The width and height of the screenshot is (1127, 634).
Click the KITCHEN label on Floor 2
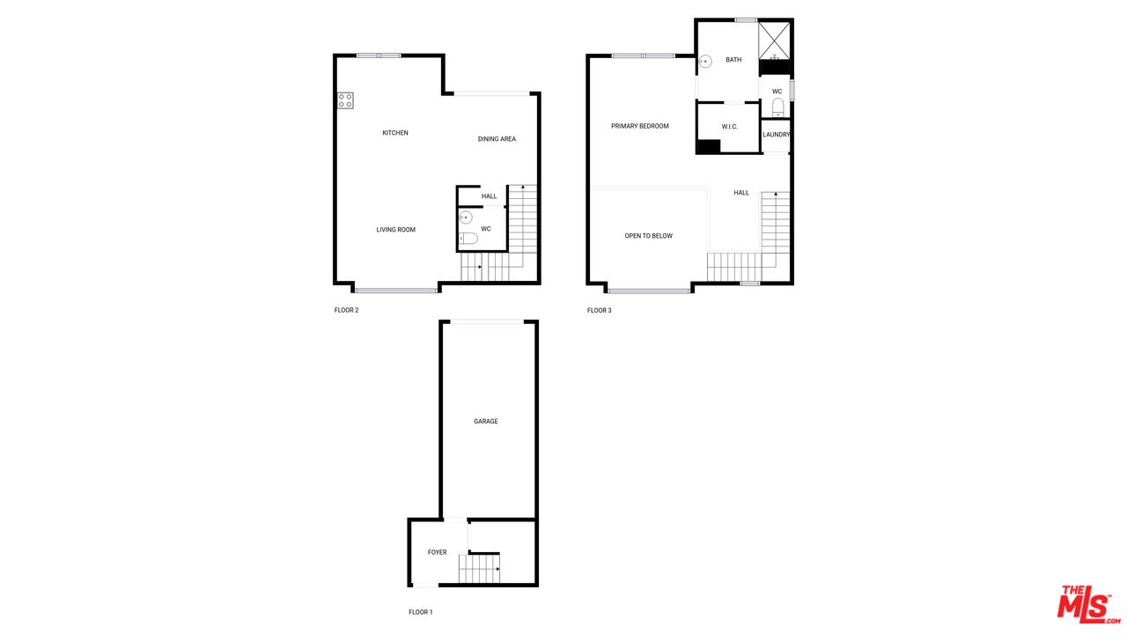395,133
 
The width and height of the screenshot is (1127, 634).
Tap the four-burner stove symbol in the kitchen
345,100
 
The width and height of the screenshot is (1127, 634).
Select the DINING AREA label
497,139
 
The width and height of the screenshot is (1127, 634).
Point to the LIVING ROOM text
396,230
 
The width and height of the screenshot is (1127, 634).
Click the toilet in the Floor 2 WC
468,238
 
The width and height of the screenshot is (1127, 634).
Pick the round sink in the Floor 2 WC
466,217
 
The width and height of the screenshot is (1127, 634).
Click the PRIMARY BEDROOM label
640,126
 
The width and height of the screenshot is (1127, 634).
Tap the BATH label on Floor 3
733,60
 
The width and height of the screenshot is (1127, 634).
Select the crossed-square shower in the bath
774,41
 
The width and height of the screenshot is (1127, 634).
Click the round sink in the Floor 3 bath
705,62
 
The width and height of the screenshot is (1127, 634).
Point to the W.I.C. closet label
730,127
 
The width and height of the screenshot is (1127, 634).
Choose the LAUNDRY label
776,135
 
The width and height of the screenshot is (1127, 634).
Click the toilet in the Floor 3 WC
777,107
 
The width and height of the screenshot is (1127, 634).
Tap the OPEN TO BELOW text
649,236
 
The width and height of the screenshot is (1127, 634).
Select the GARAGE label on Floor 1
485,421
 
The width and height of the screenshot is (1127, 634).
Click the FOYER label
438,552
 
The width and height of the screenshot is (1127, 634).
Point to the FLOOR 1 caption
421,612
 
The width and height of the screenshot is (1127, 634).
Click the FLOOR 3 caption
600,311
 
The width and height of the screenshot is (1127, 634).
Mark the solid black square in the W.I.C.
709,146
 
